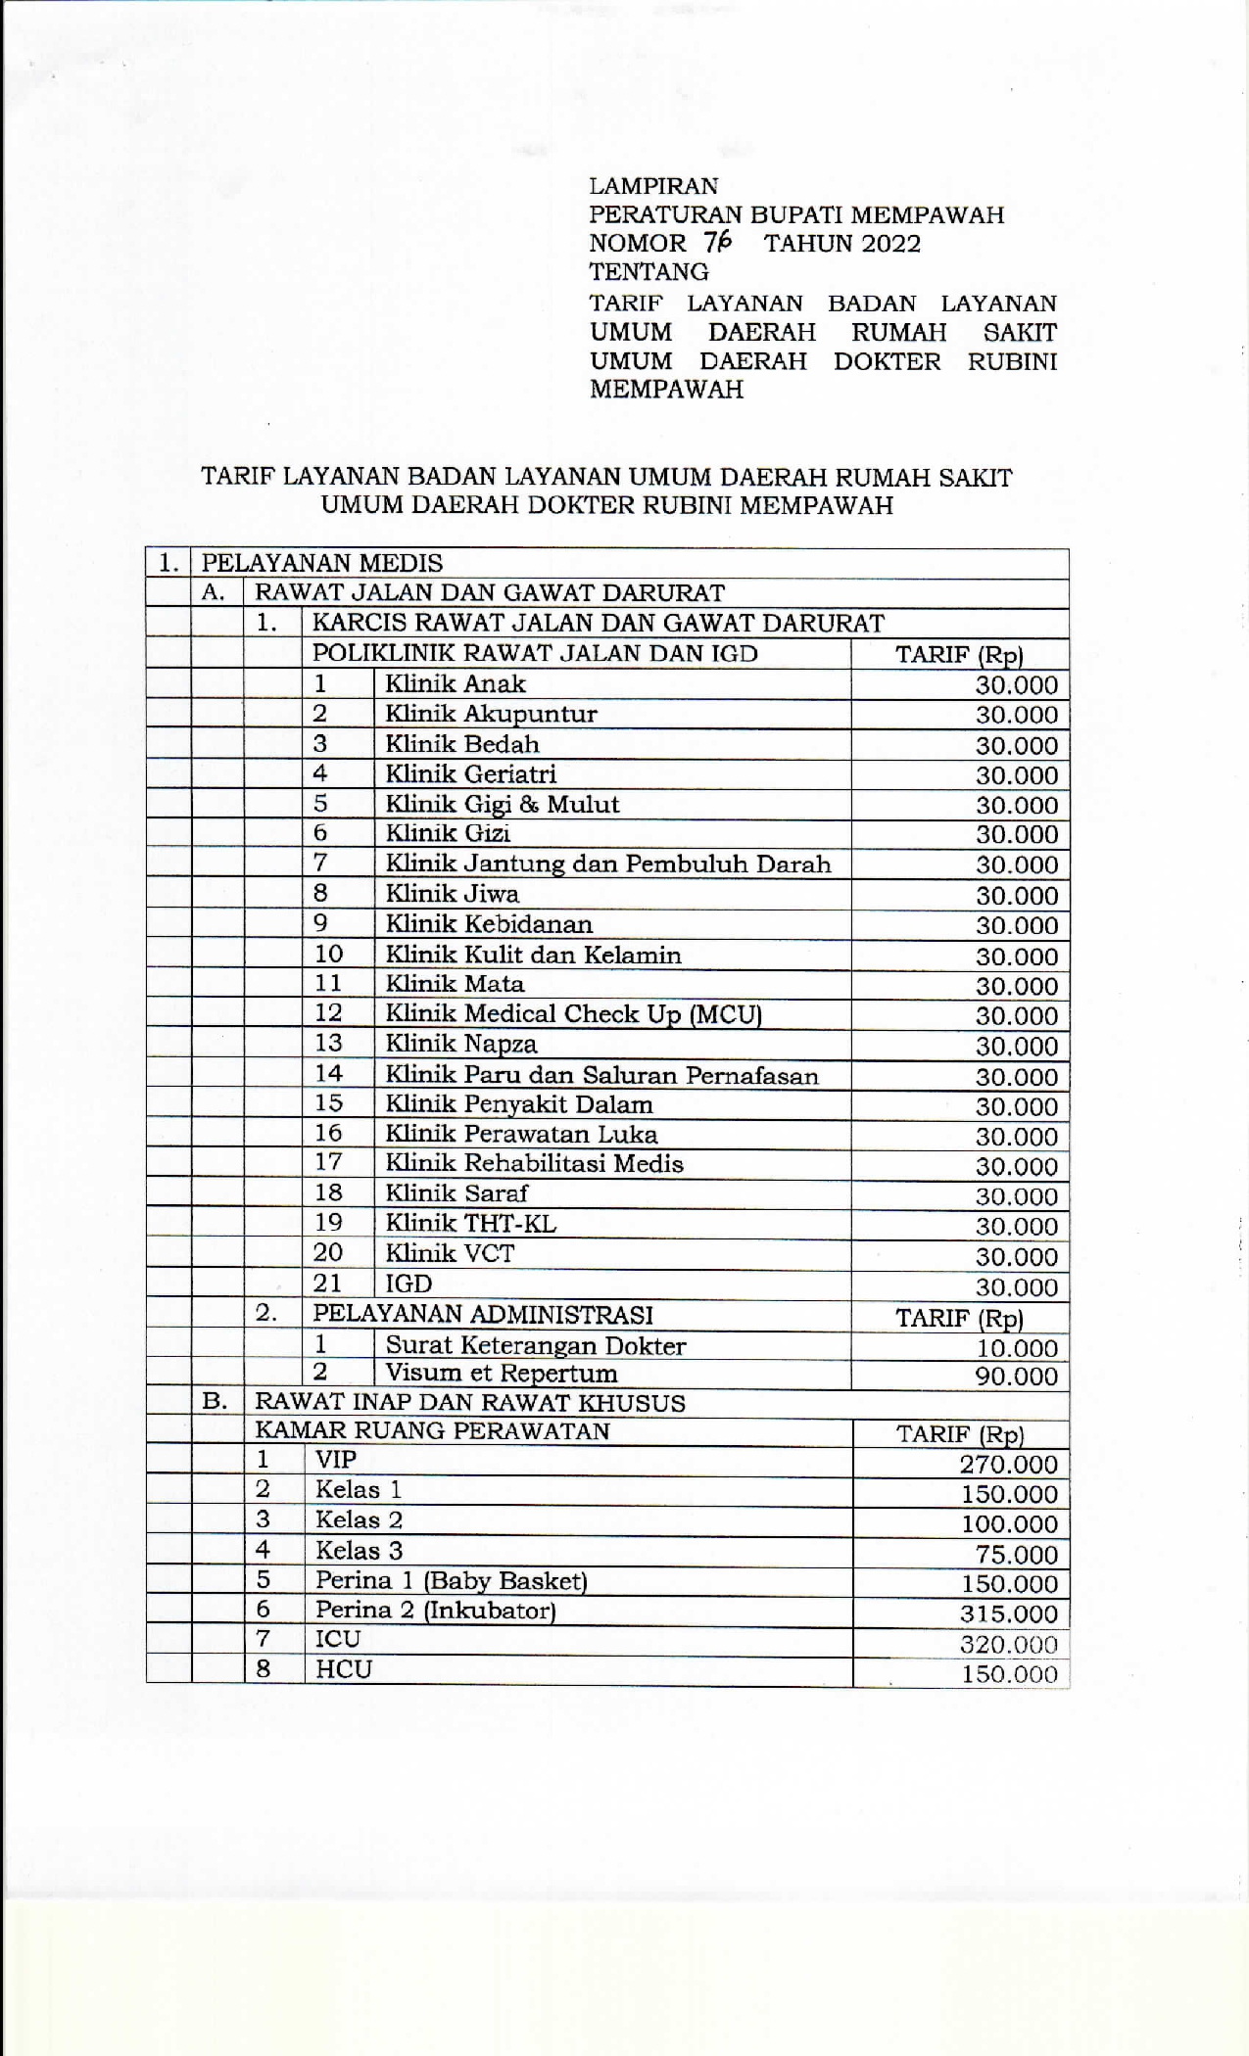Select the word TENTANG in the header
(x=649, y=271)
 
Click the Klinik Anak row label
(x=456, y=683)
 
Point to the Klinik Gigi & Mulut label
(x=502, y=804)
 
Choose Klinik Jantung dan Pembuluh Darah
(x=607, y=864)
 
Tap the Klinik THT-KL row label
(x=470, y=1223)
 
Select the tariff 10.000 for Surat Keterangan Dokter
(x=1017, y=1348)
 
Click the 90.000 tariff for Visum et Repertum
(x=1017, y=1377)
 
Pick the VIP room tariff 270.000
(x=1009, y=1465)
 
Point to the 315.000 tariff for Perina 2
(x=1009, y=1614)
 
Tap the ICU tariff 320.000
(x=1009, y=1645)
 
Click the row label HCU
(x=344, y=1669)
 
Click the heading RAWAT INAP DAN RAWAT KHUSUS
(x=470, y=1402)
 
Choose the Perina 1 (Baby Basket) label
(x=451, y=1580)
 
